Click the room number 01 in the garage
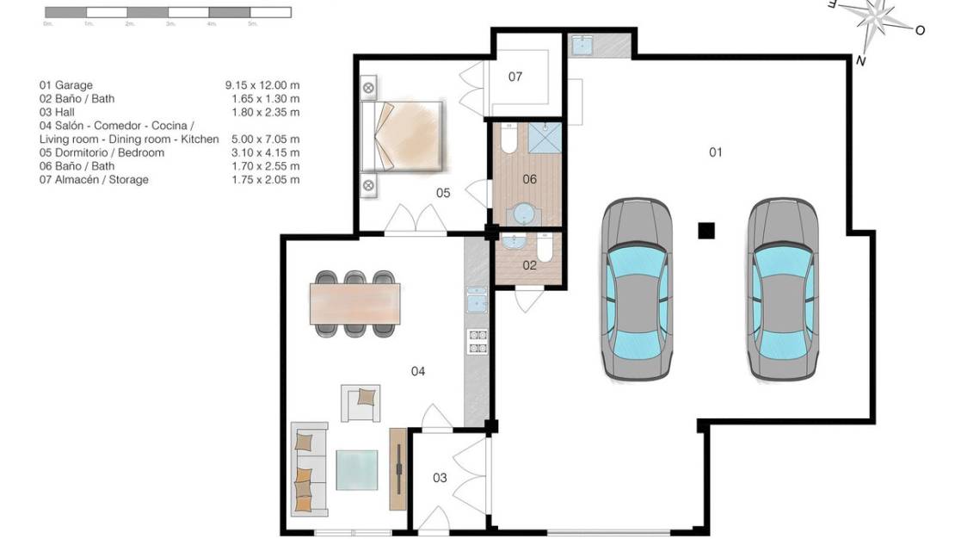click(715, 152)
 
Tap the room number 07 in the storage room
click(514, 77)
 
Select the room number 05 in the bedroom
click(443, 193)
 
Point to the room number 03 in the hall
click(440, 478)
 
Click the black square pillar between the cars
click(706, 230)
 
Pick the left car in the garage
click(637, 289)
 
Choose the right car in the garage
click(782, 289)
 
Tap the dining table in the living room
click(355, 304)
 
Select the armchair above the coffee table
click(360, 403)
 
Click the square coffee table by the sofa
click(357, 470)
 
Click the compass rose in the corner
click(876, 23)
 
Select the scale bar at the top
click(167, 13)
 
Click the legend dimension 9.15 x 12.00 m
click(262, 85)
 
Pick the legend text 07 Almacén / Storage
click(94, 180)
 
